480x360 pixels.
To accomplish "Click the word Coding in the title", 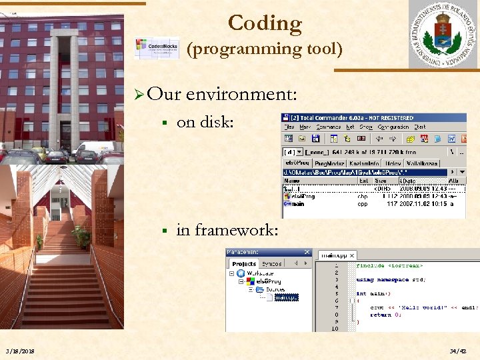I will click(265, 23).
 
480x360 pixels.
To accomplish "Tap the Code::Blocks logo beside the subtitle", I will click(157, 48).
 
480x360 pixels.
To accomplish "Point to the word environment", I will click(241, 94).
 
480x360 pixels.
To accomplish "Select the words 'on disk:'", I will click(205, 122).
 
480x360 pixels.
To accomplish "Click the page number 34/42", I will click(458, 351).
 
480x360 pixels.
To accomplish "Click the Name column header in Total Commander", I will click(293, 180).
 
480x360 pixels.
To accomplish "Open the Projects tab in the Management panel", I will click(244, 264).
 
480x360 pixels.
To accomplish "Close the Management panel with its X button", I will click(307, 252).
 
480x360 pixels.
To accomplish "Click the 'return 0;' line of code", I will click(385, 315).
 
